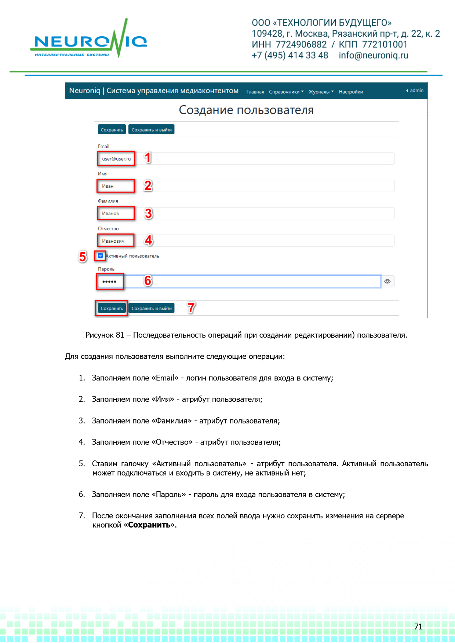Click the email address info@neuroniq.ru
pyautogui.click(x=373, y=55)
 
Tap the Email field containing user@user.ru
pyautogui.click(x=246, y=159)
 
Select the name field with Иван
pyautogui.click(x=246, y=186)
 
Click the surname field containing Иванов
pyautogui.click(x=246, y=213)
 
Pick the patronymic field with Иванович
pyautogui.click(x=246, y=241)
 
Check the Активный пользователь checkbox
pyautogui.click(x=101, y=256)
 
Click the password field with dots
pyautogui.click(x=239, y=281)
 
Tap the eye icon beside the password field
pyautogui.click(x=387, y=281)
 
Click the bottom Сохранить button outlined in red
pyautogui.click(x=112, y=308)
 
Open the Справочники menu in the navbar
pyautogui.click(x=286, y=92)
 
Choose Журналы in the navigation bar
pyautogui.click(x=321, y=92)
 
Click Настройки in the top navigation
pyautogui.click(x=350, y=92)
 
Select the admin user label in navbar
pyautogui.click(x=416, y=91)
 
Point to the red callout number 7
pyautogui.click(x=191, y=308)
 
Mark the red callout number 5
pyautogui.click(x=83, y=257)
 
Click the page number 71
pyautogui.click(x=418, y=627)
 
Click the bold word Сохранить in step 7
pyautogui.click(x=149, y=525)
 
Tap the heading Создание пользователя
pyautogui.click(x=246, y=110)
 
